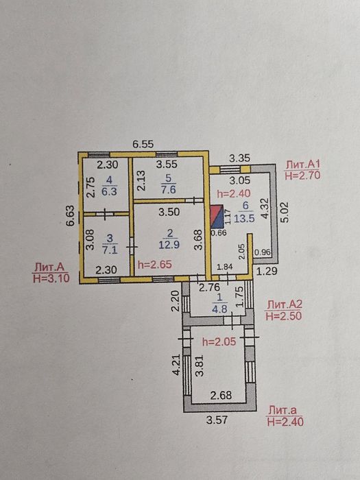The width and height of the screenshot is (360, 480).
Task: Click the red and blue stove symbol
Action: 217,217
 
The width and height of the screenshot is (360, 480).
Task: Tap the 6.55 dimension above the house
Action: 143,144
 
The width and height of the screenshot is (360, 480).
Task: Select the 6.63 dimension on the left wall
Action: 71,215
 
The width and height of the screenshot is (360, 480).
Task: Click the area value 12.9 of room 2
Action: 169,245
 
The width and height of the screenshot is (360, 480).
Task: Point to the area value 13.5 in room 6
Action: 244,218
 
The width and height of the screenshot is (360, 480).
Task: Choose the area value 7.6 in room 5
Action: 169,189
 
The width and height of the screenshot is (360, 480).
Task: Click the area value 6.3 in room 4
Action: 110,191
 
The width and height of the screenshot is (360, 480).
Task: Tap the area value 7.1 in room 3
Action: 110,250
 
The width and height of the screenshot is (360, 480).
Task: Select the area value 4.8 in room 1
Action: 219,309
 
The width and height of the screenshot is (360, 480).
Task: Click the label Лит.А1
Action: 302,165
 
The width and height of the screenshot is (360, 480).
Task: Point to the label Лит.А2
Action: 285,304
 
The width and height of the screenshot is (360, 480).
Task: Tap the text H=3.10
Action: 51,278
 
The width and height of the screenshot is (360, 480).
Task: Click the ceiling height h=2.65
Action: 154,265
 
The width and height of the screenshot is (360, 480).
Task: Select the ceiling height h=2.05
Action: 219,341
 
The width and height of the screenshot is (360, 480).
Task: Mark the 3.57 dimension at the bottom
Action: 217,420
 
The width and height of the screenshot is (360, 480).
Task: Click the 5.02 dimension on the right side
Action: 285,212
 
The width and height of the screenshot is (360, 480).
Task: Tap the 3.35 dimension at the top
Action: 240,158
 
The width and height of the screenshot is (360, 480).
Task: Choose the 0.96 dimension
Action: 263,252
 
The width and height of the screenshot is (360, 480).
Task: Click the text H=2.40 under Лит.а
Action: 285,422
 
